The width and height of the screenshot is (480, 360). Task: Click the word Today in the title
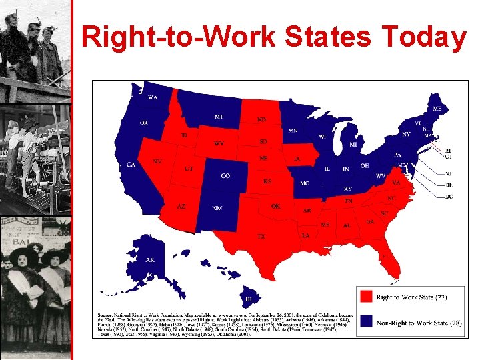point(430,37)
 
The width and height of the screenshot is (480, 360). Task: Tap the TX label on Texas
point(262,236)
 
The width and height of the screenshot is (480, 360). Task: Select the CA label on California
point(131,164)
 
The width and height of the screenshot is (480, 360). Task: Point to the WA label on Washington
point(153,97)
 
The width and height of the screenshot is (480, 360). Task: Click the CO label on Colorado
point(225,176)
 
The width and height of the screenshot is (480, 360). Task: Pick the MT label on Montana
point(219,117)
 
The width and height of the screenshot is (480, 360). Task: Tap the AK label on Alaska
point(150,260)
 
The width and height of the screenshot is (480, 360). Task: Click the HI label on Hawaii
point(248,299)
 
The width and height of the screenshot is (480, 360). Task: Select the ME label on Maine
point(437,108)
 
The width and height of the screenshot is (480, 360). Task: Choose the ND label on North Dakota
point(262,120)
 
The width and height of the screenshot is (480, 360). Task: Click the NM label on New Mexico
point(217,208)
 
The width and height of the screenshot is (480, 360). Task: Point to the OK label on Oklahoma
point(275,207)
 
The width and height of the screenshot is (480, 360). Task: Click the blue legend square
point(365,322)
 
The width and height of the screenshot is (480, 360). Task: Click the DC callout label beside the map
point(448,197)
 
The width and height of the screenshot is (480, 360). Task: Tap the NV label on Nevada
point(157,161)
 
